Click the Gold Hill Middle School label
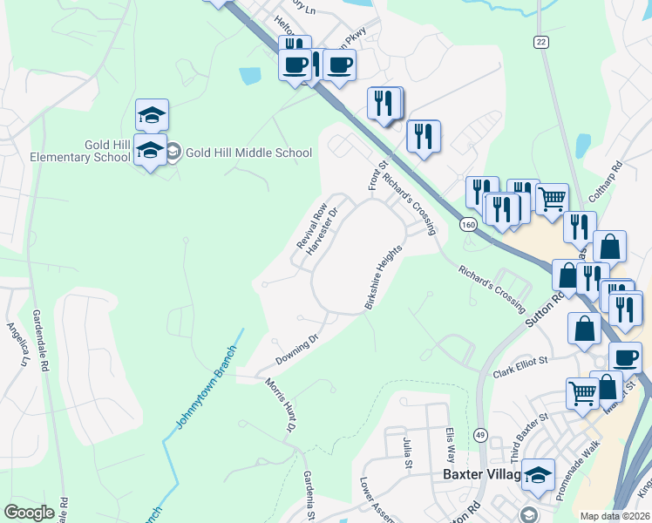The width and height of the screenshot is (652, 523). pos(248,153)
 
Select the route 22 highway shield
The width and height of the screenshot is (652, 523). pos(541,42)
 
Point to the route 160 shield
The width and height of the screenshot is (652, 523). pos(469,224)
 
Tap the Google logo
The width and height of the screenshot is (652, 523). pos(29,513)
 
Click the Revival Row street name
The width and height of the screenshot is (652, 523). pos(312,226)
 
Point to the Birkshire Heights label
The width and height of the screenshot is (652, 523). pos(384,277)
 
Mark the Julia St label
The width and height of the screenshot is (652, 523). pos(407,453)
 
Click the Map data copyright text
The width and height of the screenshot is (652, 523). pos(615,516)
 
